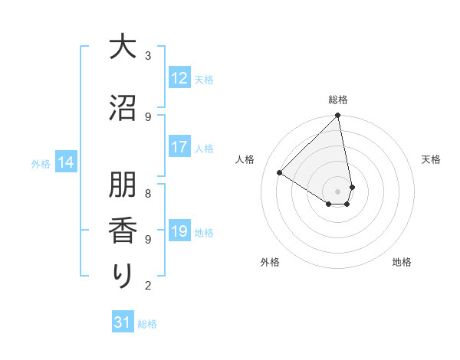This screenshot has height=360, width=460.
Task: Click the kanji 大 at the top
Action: (x=122, y=47)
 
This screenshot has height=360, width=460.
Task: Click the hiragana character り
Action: (x=122, y=275)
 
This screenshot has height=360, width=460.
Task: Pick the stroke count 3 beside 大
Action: (x=148, y=55)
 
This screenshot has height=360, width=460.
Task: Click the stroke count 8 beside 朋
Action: (x=148, y=185)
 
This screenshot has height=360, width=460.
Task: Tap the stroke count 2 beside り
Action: (x=148, y=286)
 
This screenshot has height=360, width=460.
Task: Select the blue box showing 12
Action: (x=179, y=78)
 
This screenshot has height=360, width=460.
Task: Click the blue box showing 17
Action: (x=179, y=148)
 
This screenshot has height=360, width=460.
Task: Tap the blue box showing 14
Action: (x=66, y=162)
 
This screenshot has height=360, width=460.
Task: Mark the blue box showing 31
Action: (x=123, y=323)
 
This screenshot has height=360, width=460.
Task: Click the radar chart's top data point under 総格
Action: (x=338, y=116)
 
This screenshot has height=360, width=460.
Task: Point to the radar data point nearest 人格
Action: (x=280, y=173)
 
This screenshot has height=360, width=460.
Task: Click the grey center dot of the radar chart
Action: (x=338, y=191)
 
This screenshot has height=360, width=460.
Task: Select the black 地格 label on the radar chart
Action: (x=402, y=262)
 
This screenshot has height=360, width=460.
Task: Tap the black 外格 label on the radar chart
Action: (x=270, y=262)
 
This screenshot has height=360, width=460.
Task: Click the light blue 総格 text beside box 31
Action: (x=147, y=324)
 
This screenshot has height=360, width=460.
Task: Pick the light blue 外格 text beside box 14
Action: (x=41, y=163)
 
